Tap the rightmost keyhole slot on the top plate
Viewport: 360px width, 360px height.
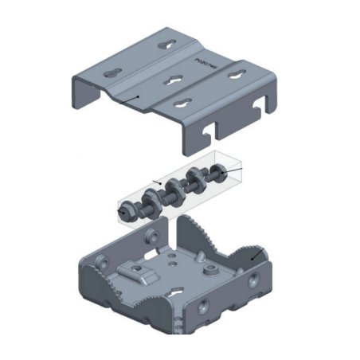pos(237,75)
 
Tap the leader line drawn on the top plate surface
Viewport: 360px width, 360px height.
pos(127,99)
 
